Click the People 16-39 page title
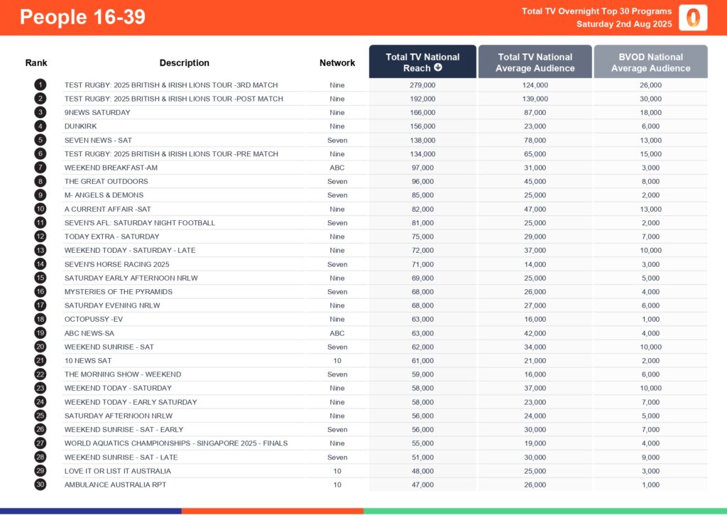coord(82,17)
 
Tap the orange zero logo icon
coord(692,17)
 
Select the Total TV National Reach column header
coord(422,62)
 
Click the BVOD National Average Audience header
coord(650,62)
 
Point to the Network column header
coord(337,63)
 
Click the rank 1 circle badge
coord(40,85)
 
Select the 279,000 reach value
coord(422,85)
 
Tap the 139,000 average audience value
coord(535,99)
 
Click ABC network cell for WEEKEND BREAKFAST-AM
coord(337,168)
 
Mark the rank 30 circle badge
coord(40,484)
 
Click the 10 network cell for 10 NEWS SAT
coord(337,361)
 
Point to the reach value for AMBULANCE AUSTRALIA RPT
coord(422,484)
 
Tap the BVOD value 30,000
coord(650,99)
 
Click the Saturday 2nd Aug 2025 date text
coord(624,24)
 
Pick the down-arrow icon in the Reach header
coord(438,68)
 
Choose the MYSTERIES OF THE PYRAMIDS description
coord(119,292)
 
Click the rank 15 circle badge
coord(40,278)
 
